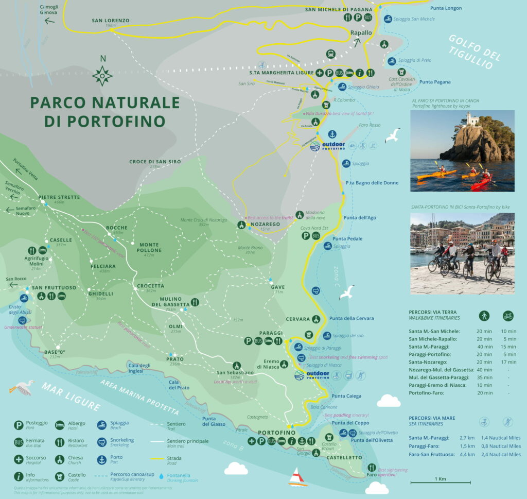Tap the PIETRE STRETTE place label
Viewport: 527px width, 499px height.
(x=59, y=197)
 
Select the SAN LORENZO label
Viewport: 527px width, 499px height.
(x=111, y=21)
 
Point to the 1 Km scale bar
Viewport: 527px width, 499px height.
(x=440, y=483)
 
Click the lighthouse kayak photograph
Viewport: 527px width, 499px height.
(x=462, y=150)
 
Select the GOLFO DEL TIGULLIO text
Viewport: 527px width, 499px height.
(x=470, y=51)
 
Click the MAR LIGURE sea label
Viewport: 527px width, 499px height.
(x=72, y=396)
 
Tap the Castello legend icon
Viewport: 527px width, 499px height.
(x=60, y=477)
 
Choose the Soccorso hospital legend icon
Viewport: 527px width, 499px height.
(x=19, y=459)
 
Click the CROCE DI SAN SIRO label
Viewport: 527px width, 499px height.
(x=155, y=162)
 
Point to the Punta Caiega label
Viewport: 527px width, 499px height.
(x=346, y=396)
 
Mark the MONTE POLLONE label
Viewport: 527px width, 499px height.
(x=150, y=247)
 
